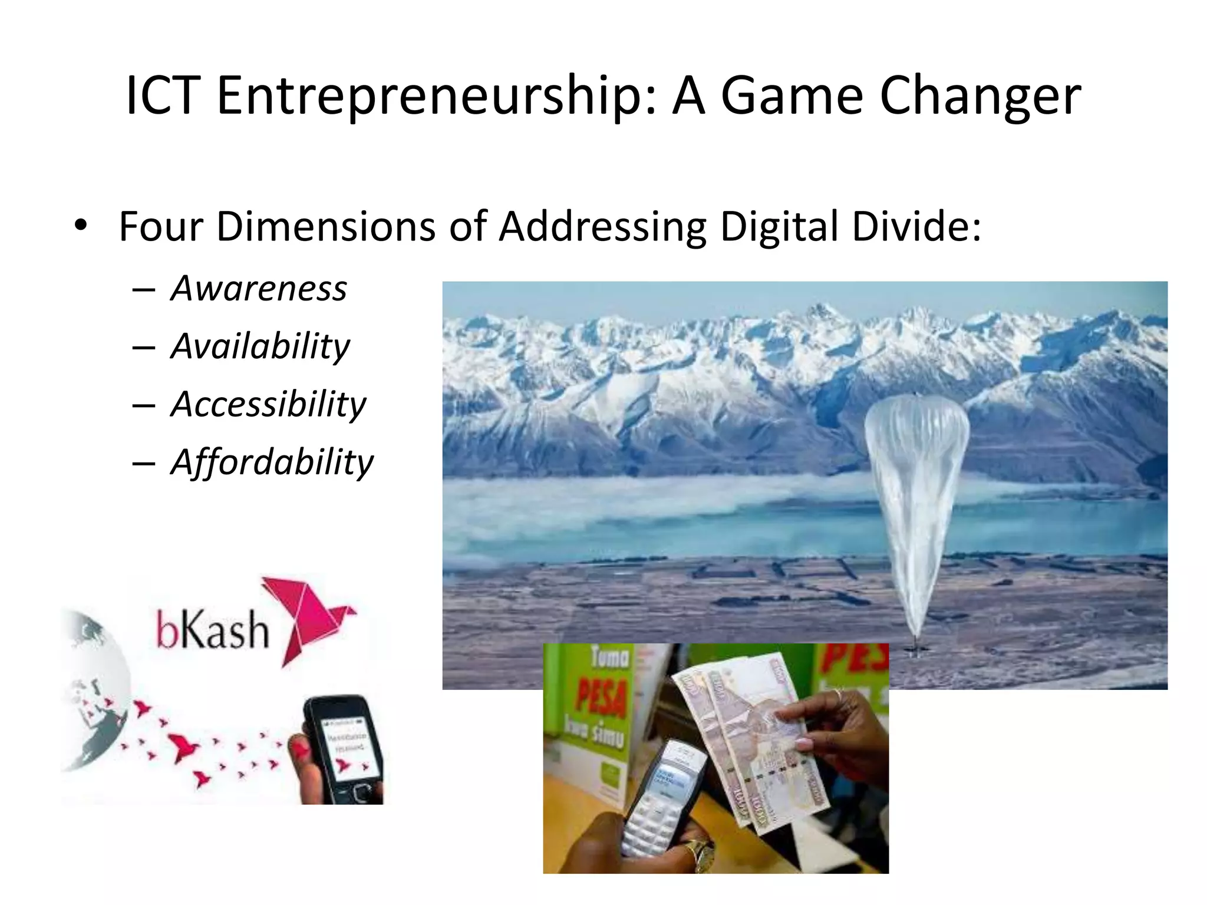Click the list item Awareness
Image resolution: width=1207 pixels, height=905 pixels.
pyautogui.click(x=259, y=289)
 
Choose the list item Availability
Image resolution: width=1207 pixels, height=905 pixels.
pyautogui.click(x=260, y=346)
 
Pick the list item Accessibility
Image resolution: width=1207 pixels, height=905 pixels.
pyautogui.click(x=268, y=404)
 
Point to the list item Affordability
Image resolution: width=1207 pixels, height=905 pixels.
pyautogui.click(x=272, y=462)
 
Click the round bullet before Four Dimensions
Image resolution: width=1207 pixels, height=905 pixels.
pyautogui.click(x=81, y=225)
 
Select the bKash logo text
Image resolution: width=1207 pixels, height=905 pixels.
pyautogui.click(x=212, y=629)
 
